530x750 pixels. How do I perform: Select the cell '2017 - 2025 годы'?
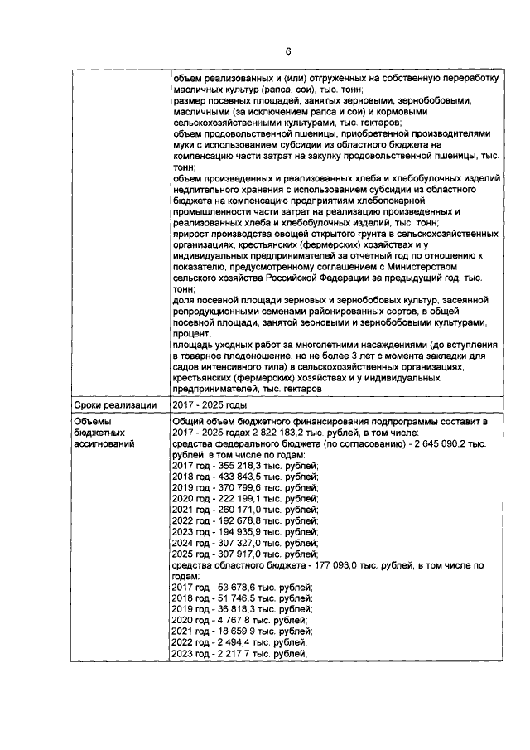[208, 405]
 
